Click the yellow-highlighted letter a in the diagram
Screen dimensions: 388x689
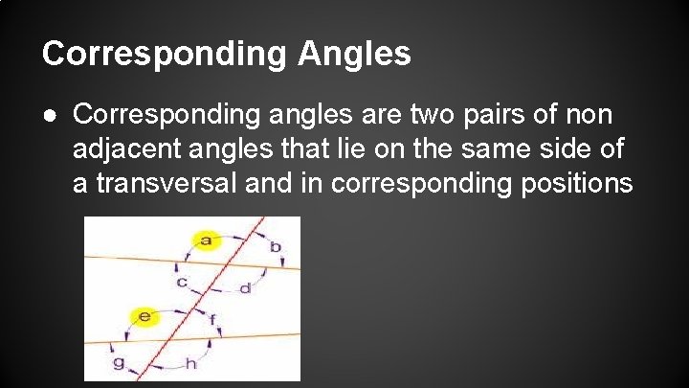(x=205, y=240)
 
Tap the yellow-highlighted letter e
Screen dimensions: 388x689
(x=145, y=315)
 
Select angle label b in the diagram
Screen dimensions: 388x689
(x=275, y=247)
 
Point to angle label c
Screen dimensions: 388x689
(x=182, y=283)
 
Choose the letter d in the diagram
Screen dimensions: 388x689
(x=245, y=287)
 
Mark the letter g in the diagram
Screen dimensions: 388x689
(x=119, y=363)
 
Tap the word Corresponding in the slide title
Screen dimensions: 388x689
(x=164, y=54)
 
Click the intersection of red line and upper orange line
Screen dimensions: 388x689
(x=232, y=263)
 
